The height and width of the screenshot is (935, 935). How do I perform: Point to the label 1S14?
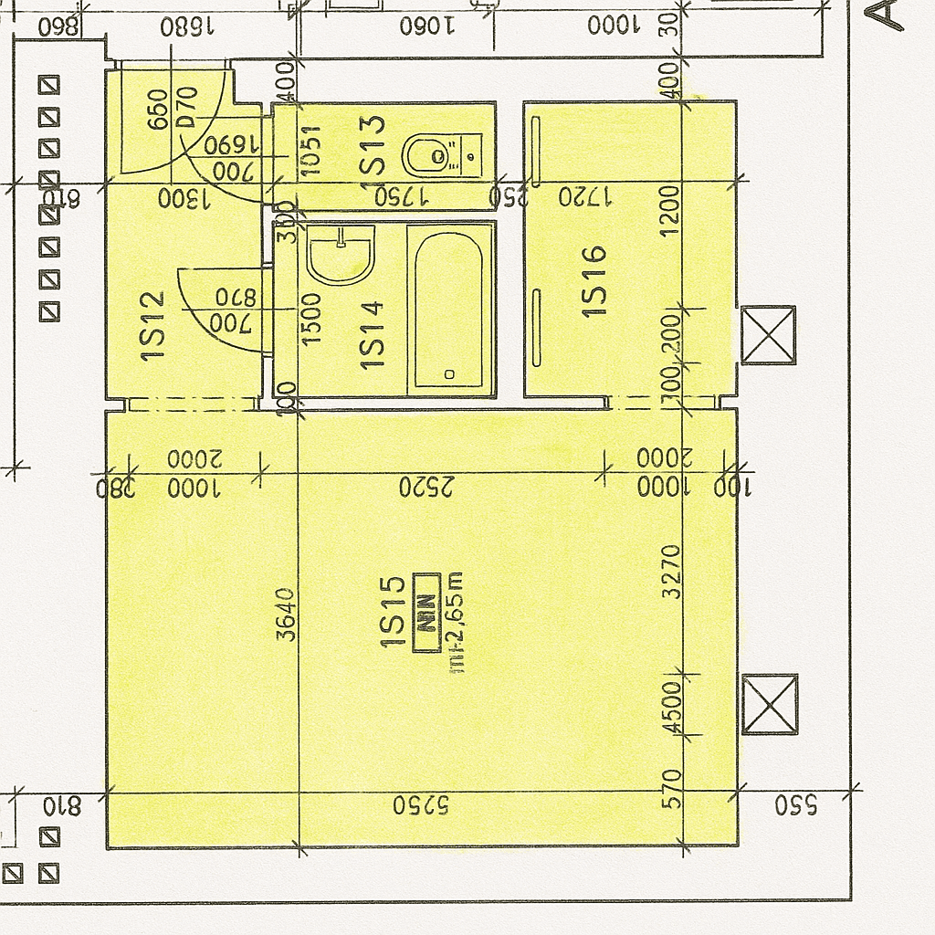click(372, 334)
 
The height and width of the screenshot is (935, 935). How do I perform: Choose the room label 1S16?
click(594, 281)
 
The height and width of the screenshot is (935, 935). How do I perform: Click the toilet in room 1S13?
click(429, 155)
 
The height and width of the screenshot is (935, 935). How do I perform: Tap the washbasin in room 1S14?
click(340, 256)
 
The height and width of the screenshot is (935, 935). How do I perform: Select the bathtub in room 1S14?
click(448, 310)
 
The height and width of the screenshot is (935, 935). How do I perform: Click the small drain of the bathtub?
click(448, 374)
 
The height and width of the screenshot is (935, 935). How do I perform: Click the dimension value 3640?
click(287, 614)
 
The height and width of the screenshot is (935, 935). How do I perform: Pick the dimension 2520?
click(426, 488)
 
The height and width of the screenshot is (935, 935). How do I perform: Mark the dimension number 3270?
click(672, 571)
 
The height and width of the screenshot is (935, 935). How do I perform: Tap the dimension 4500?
click(672, 707)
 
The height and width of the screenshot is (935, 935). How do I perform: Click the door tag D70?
click(187, 108)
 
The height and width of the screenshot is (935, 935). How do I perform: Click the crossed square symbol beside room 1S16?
click(768, 335)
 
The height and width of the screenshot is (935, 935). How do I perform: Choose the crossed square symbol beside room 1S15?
click(770, 704)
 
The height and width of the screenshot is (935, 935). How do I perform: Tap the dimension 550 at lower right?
click(796, 805)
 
